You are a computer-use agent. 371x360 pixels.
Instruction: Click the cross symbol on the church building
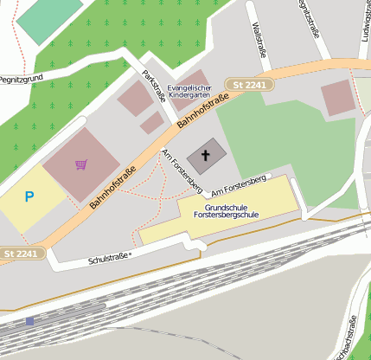[x=207, y=156]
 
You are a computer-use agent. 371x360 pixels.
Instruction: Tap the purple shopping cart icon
[x=80, y=164]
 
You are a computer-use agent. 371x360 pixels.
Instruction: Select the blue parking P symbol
[x=29, y=197]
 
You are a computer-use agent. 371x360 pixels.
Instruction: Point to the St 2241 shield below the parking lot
[x=20, y=253]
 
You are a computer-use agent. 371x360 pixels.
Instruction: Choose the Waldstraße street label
[x=257, y=41]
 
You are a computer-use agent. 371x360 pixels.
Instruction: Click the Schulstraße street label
[x=109, y=258]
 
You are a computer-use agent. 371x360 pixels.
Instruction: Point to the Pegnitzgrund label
[x=21, y=77]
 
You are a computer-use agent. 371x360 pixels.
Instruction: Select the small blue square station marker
[x=29, y=320]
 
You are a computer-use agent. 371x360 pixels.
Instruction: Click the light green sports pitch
[x=49, y=19]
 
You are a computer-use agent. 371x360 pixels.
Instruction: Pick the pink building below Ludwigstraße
[x=337, y=99]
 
